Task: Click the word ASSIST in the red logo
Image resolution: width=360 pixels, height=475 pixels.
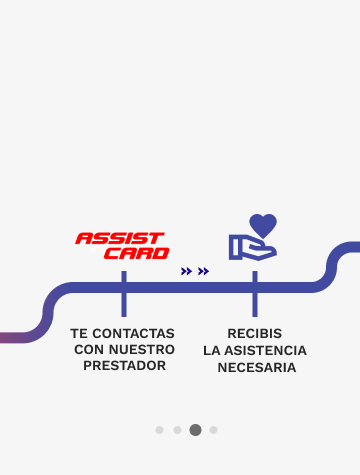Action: pos(120,239)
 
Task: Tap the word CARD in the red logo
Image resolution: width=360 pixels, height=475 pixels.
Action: pos(137,253)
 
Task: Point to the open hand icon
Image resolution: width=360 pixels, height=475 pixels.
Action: pos(252,247)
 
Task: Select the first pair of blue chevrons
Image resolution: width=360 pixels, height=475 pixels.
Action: pos(186,271)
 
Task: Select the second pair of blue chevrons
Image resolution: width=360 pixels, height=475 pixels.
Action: pos(203,271)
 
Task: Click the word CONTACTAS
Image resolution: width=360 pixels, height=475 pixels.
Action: pos(133,333)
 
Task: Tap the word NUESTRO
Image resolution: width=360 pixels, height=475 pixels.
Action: pos(142,350)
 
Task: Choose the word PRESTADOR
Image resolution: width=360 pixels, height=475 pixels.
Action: pos(125,366)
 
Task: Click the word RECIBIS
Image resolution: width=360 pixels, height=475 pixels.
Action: pos(255,333)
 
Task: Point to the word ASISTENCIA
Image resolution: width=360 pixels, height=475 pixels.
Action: pos(265,351)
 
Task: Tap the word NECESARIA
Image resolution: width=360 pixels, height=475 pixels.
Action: pos(257,368)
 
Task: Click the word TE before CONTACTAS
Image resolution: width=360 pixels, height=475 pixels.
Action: pos(79,333)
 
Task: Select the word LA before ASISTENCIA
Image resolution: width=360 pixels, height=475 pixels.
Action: pos(212,351)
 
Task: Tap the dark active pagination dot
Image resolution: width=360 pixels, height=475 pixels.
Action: pos(195,430)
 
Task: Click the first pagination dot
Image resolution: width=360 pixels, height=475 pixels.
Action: pos(159,430)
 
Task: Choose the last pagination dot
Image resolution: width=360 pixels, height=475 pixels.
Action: pos(213,430)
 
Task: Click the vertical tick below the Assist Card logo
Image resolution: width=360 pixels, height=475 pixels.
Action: pos(124,294)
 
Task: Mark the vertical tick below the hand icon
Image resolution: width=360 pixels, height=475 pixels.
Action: pos(255,294)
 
